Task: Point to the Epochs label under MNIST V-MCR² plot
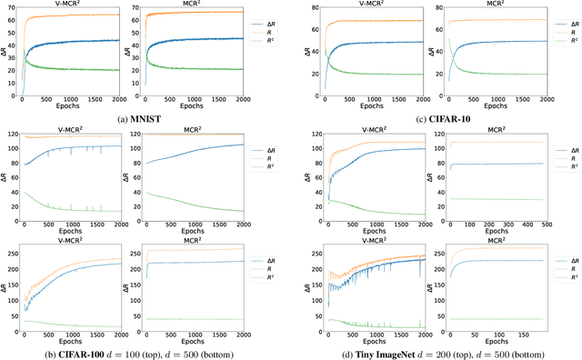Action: tap(85, 106)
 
